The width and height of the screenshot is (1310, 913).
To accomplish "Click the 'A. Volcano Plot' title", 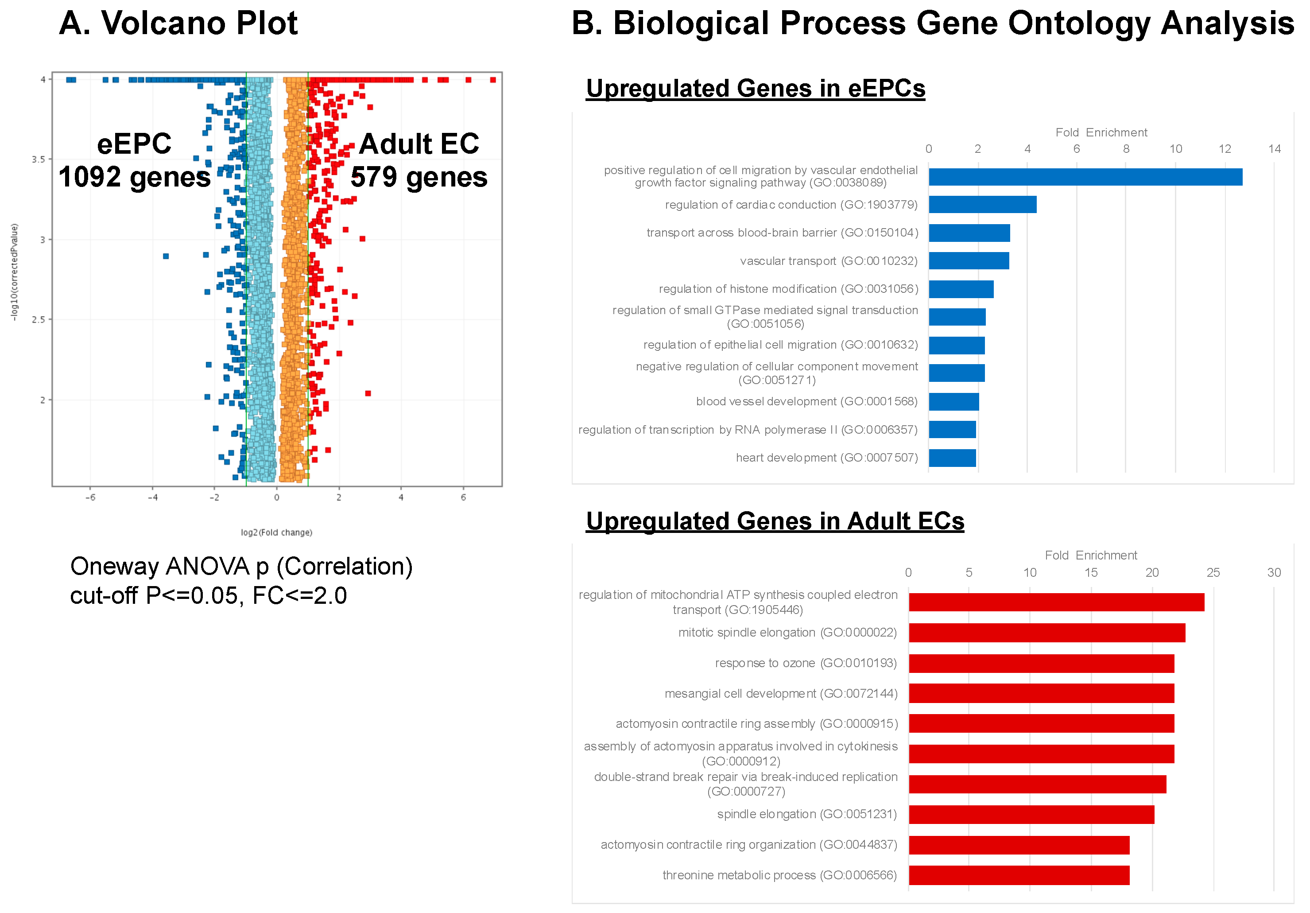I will [178, 23].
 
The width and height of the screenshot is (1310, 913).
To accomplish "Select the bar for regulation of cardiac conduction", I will [982, 204].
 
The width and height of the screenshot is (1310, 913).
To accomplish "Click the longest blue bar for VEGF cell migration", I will [1085, 177].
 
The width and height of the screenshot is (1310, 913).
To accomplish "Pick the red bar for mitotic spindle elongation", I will [1046, 632].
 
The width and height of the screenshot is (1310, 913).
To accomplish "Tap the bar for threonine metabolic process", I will [1019, 875].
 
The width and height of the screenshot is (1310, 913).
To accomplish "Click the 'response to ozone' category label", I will [805, 663].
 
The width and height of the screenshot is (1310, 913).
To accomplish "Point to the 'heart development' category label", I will [826, 458].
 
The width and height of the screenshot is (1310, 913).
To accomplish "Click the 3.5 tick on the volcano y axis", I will [38, 159].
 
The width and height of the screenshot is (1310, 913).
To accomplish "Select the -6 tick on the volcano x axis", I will [90, 497].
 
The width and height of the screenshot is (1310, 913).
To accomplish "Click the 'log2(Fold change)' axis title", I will [276, 532].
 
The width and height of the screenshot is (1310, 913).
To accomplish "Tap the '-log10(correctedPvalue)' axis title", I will [15, 272].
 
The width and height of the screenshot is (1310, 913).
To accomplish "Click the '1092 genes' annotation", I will [135, 177].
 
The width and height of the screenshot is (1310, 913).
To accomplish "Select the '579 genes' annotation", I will [419, 177].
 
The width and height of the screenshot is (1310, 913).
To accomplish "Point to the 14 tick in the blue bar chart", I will [1274, 149].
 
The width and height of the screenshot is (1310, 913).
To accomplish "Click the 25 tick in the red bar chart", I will [1213, 572].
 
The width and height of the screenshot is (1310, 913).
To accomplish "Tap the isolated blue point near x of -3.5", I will [166, 256].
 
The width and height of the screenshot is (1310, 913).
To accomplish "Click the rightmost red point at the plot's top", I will [493, 80].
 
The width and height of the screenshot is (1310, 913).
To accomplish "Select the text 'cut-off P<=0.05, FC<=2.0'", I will [208, 596].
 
